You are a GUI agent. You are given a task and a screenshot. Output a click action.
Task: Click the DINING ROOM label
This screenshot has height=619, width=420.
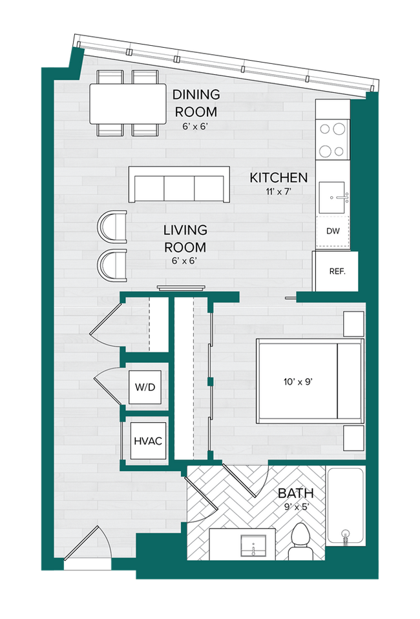pyautogui.click(x=196, y=102)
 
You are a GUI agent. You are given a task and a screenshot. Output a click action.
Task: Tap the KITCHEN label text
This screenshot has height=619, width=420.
pyautogui.click(x=278, y=178)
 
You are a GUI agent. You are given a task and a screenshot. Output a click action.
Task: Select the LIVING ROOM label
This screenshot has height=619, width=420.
pyautogui.click(x=185, y=238)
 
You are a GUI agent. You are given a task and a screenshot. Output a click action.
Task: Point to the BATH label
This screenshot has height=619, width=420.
pyautogui.click(x=295, y=493)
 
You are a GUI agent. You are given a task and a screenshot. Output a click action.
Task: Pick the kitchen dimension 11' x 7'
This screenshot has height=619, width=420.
pyautogui.click(x=278, y=192)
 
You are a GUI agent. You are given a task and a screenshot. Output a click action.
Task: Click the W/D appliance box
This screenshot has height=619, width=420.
pyautogui.click(x=145, y=387)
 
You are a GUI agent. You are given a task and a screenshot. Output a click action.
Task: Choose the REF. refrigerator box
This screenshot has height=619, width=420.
pyautogui.click(x=337, y=271)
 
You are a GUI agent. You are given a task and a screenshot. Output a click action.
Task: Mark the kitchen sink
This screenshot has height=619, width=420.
pyautogui.click(x=334, y=197)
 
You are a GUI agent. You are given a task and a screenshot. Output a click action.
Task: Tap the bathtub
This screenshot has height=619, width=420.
pyautogui.click(x=345, y=507)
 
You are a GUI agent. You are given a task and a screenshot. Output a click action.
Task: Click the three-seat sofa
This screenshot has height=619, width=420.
pyautogui.click(x=179, y=185)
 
